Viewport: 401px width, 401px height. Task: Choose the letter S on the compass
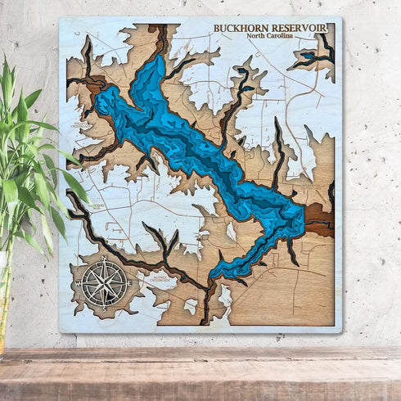(105, 305)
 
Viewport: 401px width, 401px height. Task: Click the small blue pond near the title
(309, 57)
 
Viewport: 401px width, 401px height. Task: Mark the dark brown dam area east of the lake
(318, 219)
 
